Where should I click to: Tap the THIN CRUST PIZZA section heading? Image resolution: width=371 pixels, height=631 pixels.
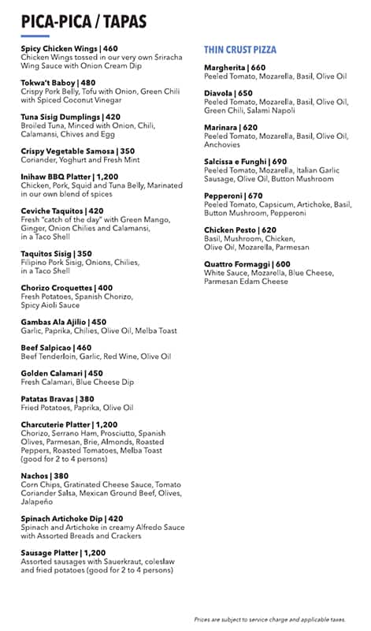pos(239,49)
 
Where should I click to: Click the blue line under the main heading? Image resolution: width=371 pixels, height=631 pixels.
pos(35,35)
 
